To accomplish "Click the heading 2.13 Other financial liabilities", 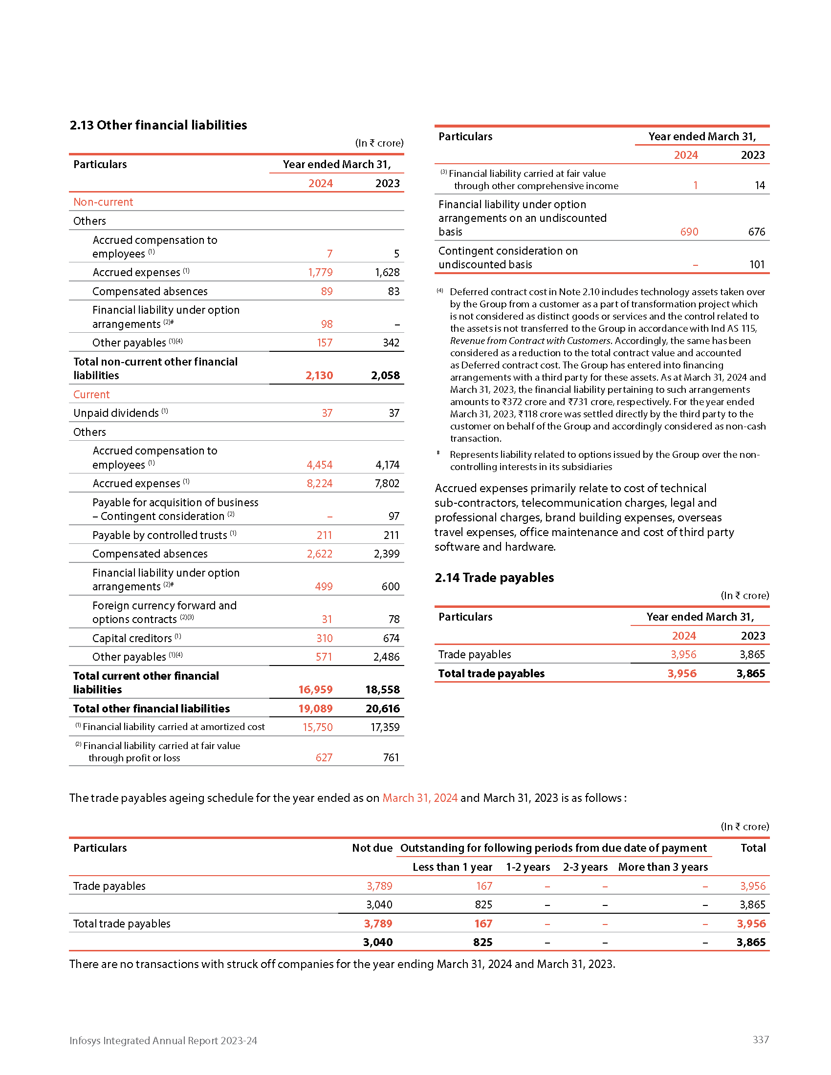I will tap(158, 125).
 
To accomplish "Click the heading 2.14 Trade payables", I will tap(494, 578).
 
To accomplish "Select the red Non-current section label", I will tap(103, 202).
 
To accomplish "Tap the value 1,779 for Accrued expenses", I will tap(320, 272).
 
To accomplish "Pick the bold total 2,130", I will tap(319, 375).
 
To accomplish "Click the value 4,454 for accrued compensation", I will tap(320, 465).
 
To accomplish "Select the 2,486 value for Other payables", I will tap(387, 657).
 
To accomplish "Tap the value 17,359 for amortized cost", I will tap(385, 727).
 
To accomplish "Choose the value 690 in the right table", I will tap(689, 232).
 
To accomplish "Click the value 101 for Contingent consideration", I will tap(757, 264).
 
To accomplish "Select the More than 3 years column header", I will tap(663, 867).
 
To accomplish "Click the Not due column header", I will tap(372, 848).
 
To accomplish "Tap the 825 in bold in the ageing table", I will tap(482, 942).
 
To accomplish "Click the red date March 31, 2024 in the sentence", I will tap(420, 798).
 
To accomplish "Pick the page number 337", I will tap(760, 1039).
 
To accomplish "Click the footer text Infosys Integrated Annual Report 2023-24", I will tap(163, 1040).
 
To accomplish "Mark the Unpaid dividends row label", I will tap(116, 413).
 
